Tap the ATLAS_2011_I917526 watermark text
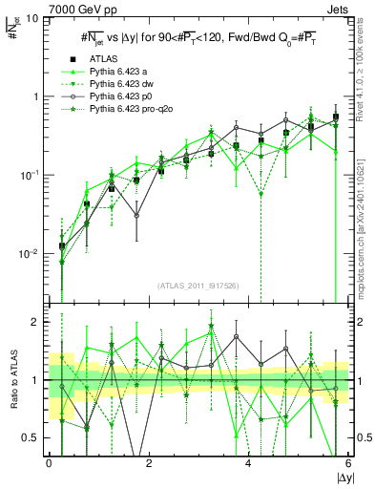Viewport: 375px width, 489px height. pyautogui.click(x=198, y=285)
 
